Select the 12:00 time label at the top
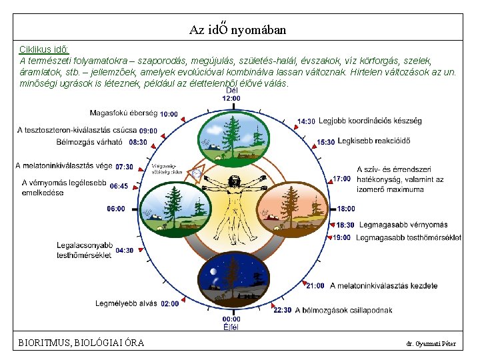click(231, 98)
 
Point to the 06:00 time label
click(115, 209)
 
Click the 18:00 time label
click(345, 209)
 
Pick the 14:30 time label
click(306, 121)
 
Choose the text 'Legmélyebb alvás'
click(126, 303)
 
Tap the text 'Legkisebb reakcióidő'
click(373, 141)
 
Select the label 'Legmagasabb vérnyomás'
click(392, 225)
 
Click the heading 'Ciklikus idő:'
click(44, 49)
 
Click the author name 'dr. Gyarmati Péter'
click(431, 344)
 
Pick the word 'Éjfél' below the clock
click(231, 327)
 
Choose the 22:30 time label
click(283, 310)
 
